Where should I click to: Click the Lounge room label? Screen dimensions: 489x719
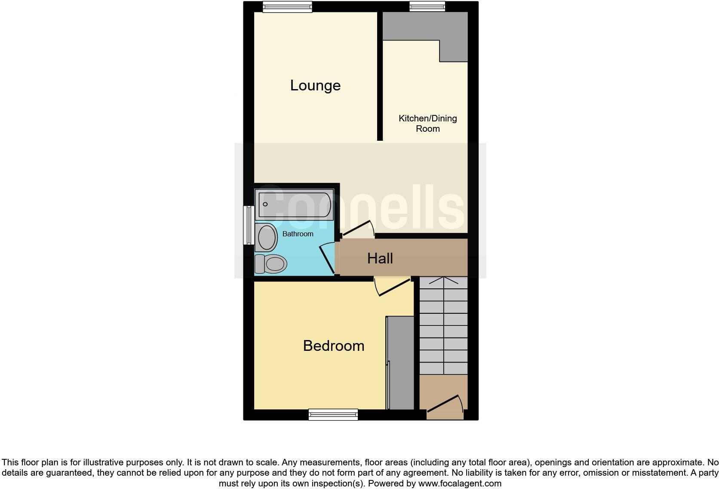pyautogui.click(x=315, y=85)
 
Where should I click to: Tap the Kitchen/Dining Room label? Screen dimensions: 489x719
pyautogui.click(x=427, y=123)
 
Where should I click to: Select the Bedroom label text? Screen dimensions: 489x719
pyautogui.click(x=333, y=346)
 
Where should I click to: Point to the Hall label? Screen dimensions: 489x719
pyautogui.click(x=380, y=258)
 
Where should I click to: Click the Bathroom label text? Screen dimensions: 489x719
pyautogui.click(x=298, y=234)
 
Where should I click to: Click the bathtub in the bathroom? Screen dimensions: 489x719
pyautogui.click(x=295, y=205)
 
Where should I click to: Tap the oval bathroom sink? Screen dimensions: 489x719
pyautogui.click(x=267, y=237)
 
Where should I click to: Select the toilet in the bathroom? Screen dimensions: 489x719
pyautogui.click(x=271, y=264)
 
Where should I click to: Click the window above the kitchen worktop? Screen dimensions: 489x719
pyautogui.click(x=427, y=6)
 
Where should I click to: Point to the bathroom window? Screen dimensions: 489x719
pyautogui.click(x=248, y=225)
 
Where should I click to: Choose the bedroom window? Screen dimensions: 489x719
pyautogui.click(x=333, y=415)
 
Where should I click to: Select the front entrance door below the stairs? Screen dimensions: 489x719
pyautogui.click(x=445, y=406)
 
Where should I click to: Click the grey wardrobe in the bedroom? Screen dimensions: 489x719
pyautogui.click(x=401, y=363)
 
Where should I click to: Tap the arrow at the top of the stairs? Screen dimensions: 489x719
pyautogui.click(x=443, y=281)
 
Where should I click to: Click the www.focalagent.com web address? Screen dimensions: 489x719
pyautogui.click(x=460, y=483)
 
